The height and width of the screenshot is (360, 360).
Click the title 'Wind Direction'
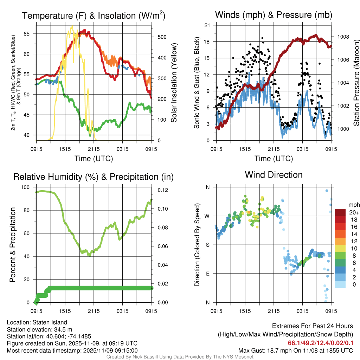click(274, 175)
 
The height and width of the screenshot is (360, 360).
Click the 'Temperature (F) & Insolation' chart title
click(93, 15)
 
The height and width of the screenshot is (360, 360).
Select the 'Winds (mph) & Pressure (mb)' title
click(274, 15)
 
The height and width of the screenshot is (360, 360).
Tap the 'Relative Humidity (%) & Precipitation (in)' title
click(93, 177)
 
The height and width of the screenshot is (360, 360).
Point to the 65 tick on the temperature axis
click(31, 34)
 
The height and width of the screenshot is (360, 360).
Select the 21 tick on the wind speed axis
click(207, 25)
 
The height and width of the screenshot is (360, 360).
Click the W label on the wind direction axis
click(207, 216)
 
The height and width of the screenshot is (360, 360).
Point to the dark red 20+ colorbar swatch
click(340, 212)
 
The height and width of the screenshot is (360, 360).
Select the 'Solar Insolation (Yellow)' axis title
click(174, 83)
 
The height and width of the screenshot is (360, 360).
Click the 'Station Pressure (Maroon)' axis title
click(356, 83)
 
